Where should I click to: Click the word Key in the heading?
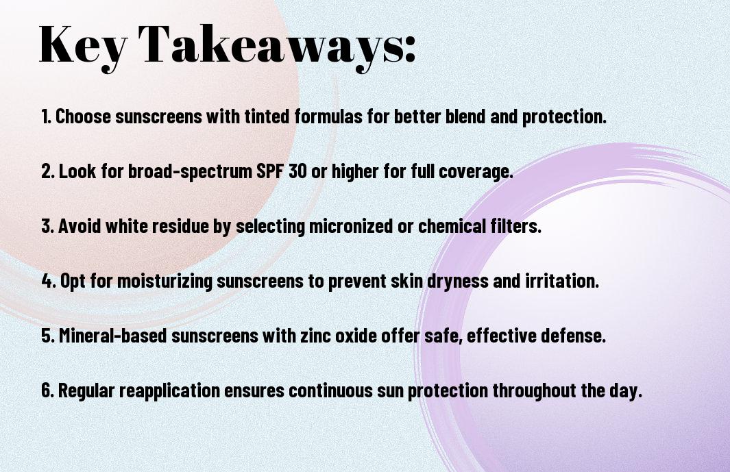click(82, 45)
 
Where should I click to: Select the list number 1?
click(46, 116)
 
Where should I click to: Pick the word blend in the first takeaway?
click(465, 116)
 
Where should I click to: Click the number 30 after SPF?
click(297, 171)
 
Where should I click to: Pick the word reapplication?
click(169, 391)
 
